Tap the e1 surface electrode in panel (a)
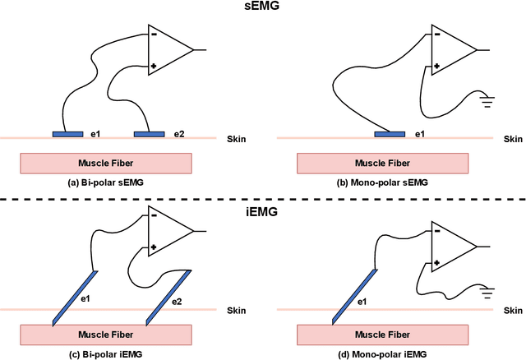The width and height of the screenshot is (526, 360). point(68,133)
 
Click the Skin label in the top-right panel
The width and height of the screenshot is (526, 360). point(512,140)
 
